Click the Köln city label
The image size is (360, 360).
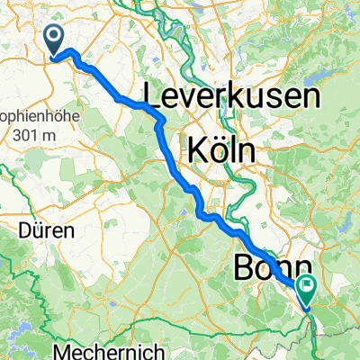(220, 148)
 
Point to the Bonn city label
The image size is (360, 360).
(273, 268)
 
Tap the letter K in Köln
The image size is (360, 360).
(195, 149)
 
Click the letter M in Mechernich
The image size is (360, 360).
(64, 350)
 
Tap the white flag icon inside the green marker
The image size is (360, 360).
(308, 289)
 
